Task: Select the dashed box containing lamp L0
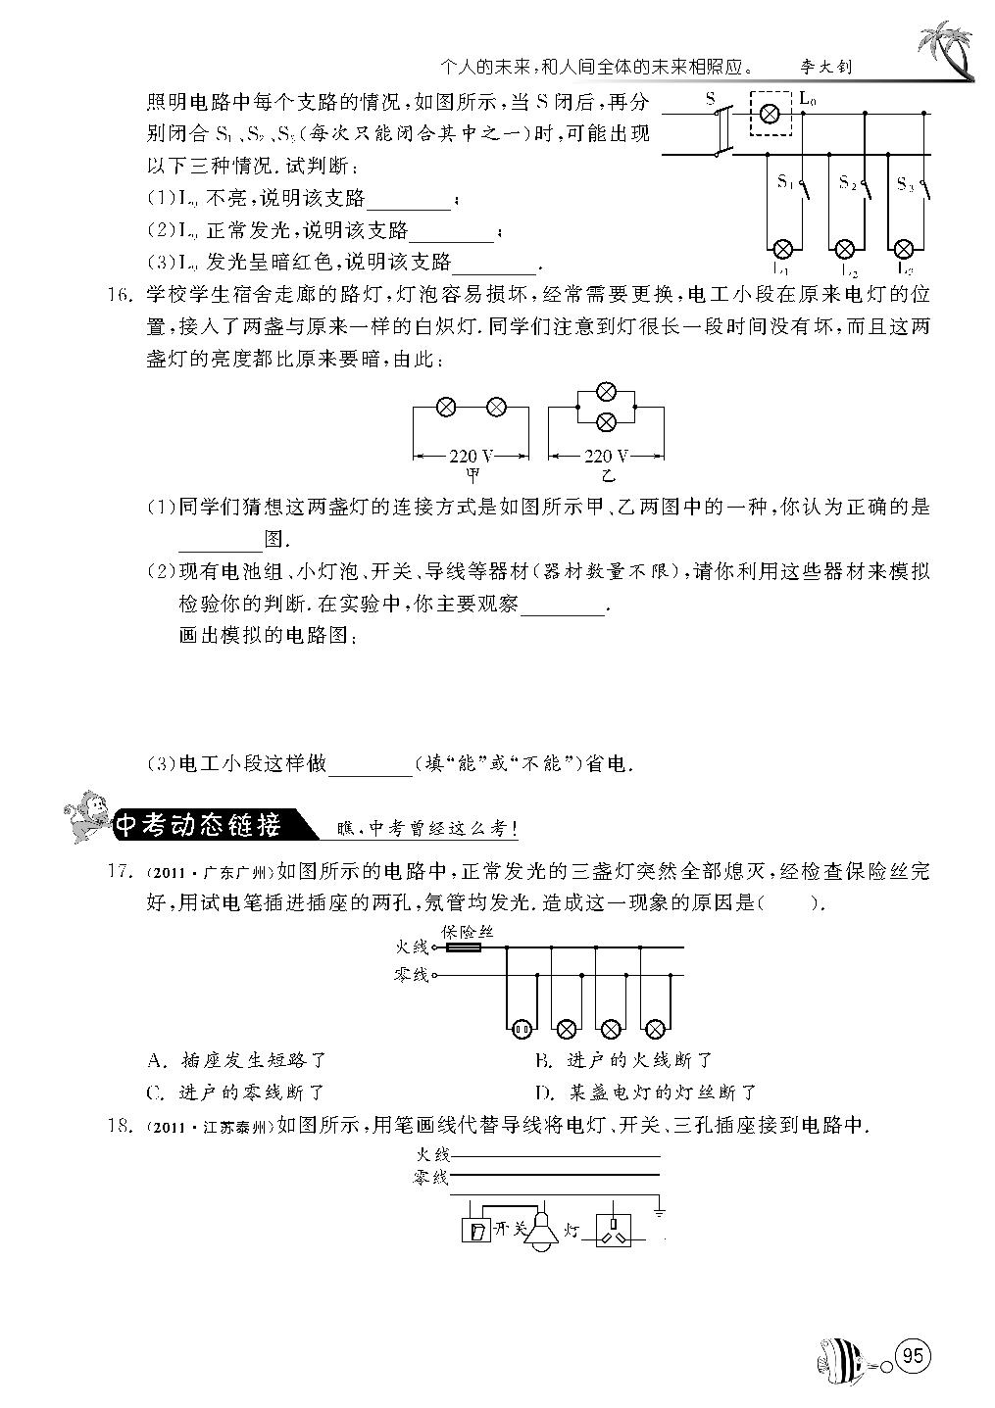click(x=771, y=115)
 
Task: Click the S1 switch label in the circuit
click(x=785, y=181)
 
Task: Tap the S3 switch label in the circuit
click(x=905, y=183)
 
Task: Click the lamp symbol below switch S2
click(x=845, y=248)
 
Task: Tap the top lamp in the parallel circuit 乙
click(x=607, y=392)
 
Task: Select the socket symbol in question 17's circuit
click(x=521, y=1028)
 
